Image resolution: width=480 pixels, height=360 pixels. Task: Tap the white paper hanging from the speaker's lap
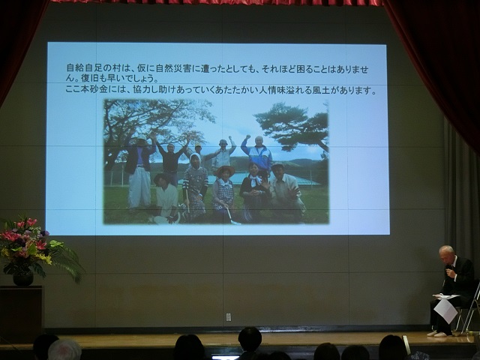click(x=445, y=310)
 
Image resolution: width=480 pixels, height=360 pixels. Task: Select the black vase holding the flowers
click(x=23, y=279)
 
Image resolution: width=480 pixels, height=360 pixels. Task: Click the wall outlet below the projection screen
click(x=228, y=317)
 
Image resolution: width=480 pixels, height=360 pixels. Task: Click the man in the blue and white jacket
click(x=257, y=154)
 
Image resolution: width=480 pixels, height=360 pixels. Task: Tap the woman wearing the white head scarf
click(x=195, y=186)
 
